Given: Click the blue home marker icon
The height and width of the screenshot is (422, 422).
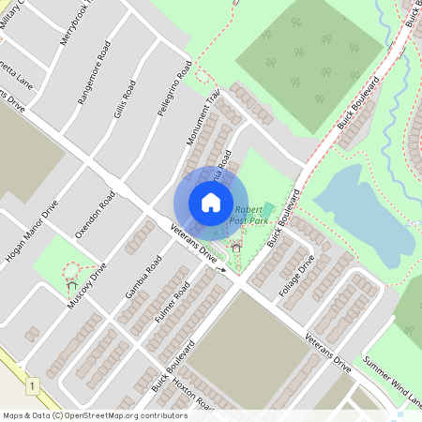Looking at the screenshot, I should tap(210, 203).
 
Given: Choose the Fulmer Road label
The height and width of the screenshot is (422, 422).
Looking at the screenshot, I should tap(173, 302).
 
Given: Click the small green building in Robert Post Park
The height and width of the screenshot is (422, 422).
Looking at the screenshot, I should tap(267, 209).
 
